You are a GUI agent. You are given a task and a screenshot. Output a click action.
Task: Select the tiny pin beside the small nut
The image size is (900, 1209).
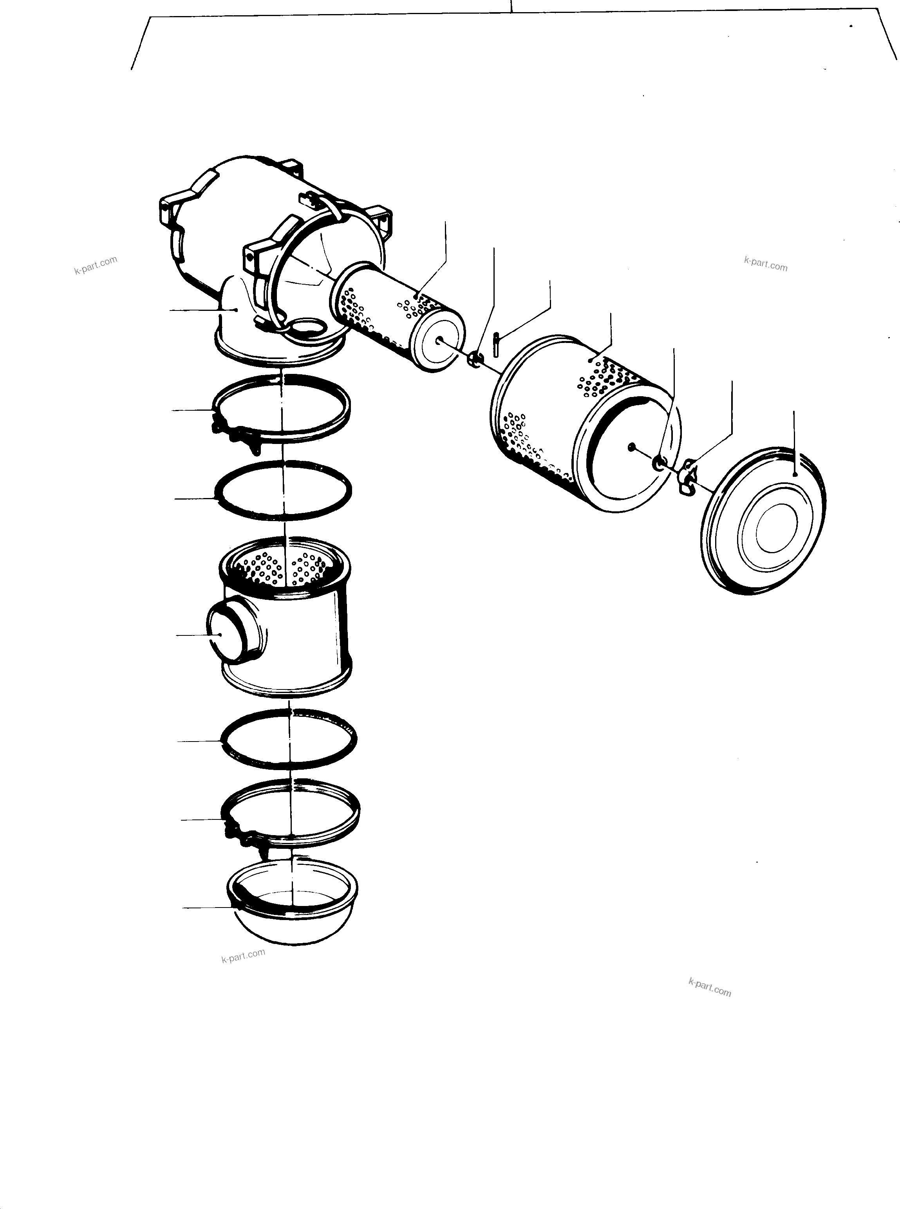tap(496, 344)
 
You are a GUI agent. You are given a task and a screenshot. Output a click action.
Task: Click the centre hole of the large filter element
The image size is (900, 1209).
tap(631, 447)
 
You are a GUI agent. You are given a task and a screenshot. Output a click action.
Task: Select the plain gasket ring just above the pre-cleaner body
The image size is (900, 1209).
tap(283, 490)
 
